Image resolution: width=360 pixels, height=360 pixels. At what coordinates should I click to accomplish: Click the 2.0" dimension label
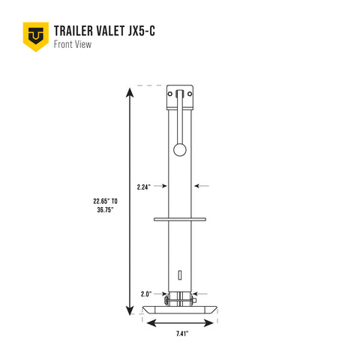click(x=146, y=294)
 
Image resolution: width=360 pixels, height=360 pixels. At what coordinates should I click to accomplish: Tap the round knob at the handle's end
click(x=180, y=150)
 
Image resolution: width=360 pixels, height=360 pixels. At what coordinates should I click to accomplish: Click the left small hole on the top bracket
click(x=172, y=94)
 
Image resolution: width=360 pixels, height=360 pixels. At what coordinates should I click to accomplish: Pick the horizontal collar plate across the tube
click(x=179, y=220)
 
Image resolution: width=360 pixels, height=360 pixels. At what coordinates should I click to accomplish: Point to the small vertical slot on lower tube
click(x=180, y=273)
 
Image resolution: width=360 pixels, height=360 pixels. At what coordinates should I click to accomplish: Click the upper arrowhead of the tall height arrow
click(x=130, y=93)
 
